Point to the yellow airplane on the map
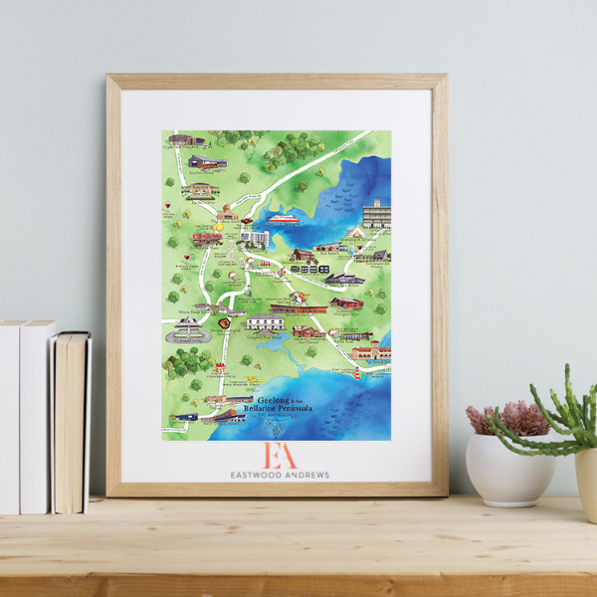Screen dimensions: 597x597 tap(253, 382)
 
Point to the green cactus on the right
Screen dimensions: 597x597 tap(567, 418)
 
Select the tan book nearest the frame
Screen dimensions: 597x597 tap(73, 422)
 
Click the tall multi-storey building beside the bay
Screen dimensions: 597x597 tap(376, 213)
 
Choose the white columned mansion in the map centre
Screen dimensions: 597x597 tap(267, 322)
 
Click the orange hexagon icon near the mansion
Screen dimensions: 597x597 tap(224, 323)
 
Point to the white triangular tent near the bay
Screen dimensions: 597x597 tap(356, 232)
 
